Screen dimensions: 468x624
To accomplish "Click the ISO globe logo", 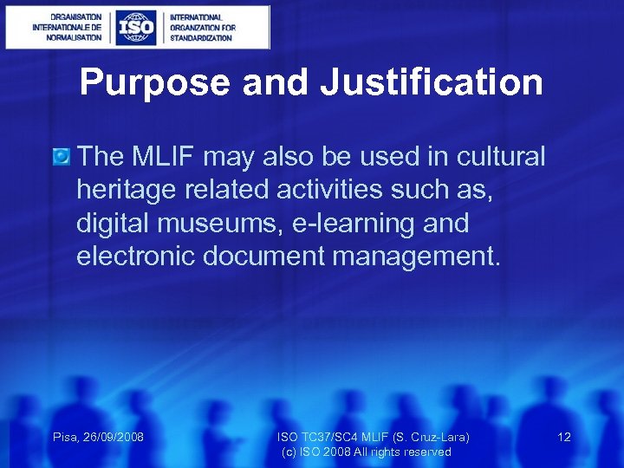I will pyautogui.click(x=136, y=27).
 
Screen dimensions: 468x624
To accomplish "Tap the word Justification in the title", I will pyautogui.click(x=431, y=83).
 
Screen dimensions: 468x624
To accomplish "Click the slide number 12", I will pyautogui.click(x=564, y=437).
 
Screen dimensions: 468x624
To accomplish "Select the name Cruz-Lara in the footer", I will pyautogui.click(x=436, y=437).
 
